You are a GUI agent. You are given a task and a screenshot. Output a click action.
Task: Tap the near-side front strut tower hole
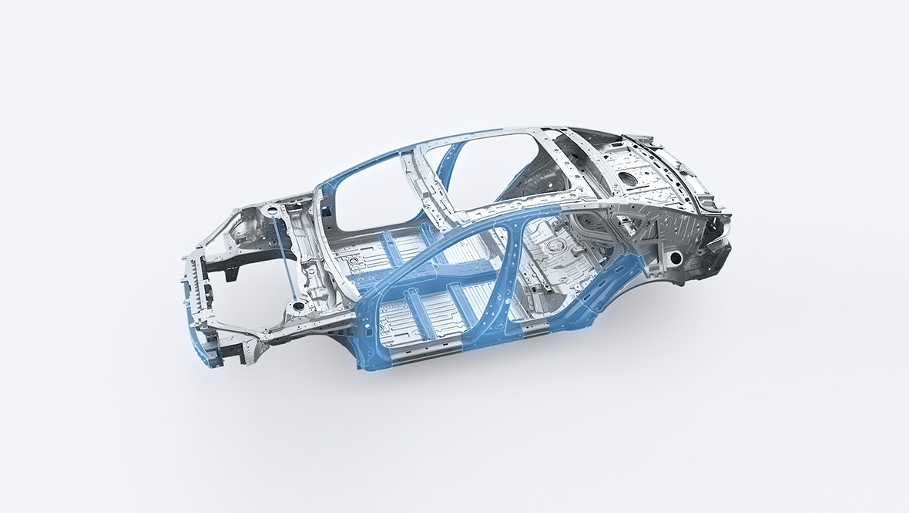click(x=295, y=307)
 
